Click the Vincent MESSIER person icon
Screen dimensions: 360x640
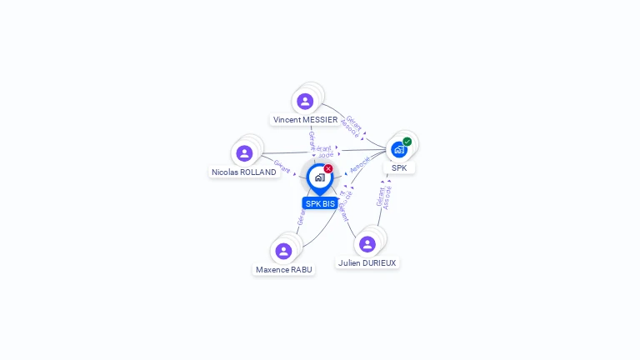tap(305, 102)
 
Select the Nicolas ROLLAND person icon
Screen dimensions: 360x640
tap(244, 153)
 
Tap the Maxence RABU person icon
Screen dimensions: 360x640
tap(283, 251)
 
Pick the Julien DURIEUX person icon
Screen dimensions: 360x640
tap(367, 244)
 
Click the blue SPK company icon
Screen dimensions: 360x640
tap(399, 150)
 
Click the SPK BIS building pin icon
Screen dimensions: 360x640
tap(319, 177)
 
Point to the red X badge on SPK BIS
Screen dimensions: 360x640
tap(328, 168)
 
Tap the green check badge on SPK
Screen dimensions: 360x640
tap(407, 142)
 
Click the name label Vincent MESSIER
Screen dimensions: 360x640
tap(305, 120)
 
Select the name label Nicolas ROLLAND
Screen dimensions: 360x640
tap(243, 172)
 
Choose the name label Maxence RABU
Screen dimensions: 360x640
tap(283, 270)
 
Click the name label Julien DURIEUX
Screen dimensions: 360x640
tap(367, 263)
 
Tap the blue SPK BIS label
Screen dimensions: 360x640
tap(320, 203)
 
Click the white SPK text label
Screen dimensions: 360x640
tap(399, 168)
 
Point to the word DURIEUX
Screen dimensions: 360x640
tap(381, 263)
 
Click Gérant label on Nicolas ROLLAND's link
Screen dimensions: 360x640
tap(282, 166)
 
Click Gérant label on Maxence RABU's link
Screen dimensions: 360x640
tap(300, 217)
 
